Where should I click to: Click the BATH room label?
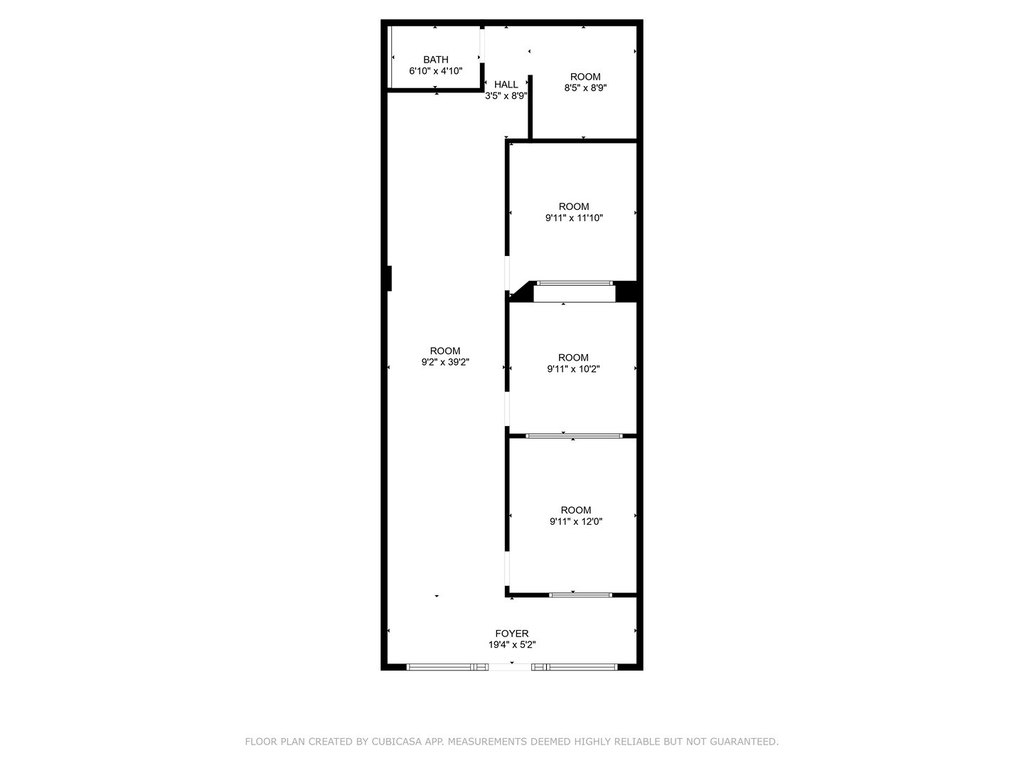pos(436,59)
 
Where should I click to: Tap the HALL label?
pos(506,84)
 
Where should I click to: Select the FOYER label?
pos(512,633)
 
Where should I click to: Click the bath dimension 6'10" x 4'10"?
pos(436,71)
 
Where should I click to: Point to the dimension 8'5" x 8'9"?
pos(586,88)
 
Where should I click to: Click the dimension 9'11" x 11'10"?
pos(574,218)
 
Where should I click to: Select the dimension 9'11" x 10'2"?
pos(573,369)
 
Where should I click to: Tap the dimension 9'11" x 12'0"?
pos(576,522)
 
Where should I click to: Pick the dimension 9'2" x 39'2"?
pos(445,362)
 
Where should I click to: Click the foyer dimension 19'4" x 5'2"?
pos(512,645)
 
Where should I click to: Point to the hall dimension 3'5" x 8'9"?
pos(505,96)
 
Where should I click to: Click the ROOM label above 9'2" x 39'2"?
pos(445,351)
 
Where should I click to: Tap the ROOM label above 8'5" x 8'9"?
pos(585,76)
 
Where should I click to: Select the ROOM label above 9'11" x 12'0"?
pos(576,510)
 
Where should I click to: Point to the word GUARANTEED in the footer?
pos(743,741)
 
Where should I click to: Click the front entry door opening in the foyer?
pos(510,667)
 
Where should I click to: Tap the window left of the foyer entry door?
pos(447,667)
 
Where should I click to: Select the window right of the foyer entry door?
pos(574,667)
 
